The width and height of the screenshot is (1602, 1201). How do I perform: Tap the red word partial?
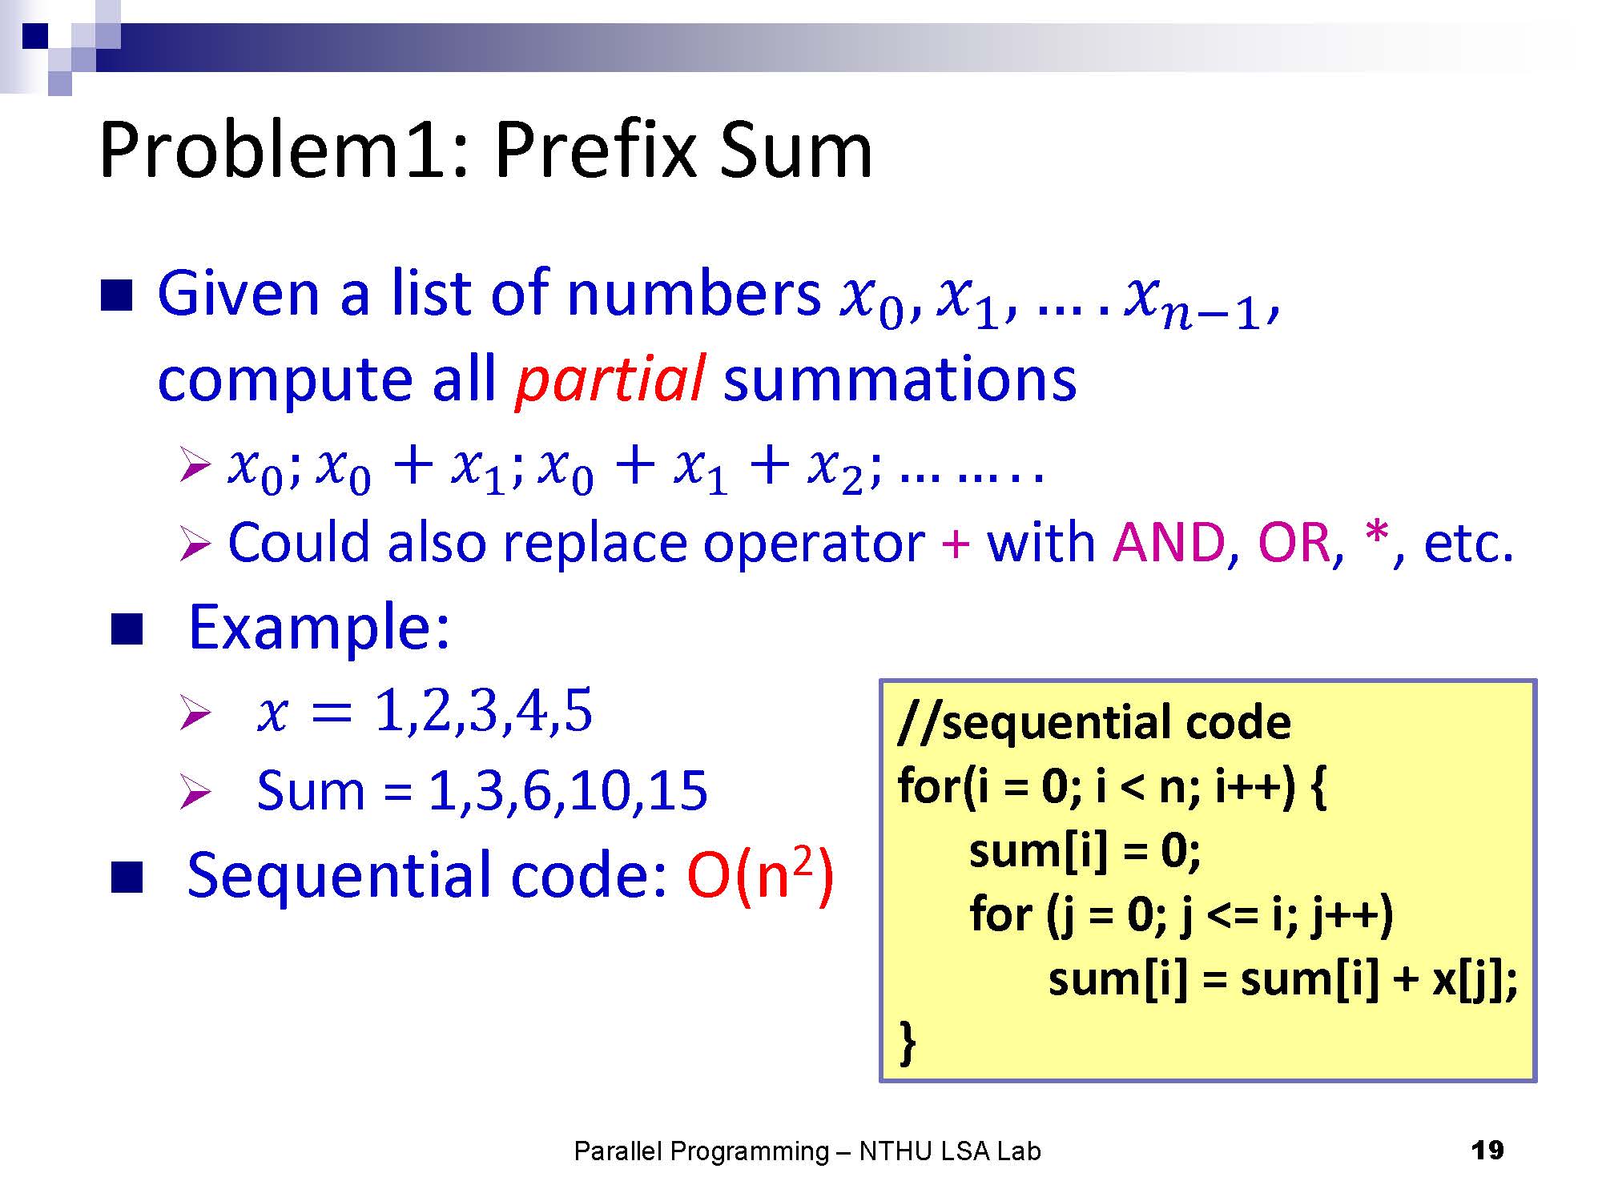(x=610, y=380)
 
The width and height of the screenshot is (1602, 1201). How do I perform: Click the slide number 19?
(x=1487, y=1151)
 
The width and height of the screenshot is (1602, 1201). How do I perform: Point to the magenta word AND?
(x=1169, y=542)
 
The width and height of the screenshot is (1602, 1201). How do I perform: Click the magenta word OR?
(x=1294, y=542)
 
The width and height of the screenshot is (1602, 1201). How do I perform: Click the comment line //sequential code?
(x=1094, y=722)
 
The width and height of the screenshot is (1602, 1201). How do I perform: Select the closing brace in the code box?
(x=908, y=1042)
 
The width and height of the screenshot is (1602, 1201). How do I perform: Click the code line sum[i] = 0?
(x=1085, y=850)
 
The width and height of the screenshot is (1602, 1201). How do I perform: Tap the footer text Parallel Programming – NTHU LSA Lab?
(x=807, y=1151)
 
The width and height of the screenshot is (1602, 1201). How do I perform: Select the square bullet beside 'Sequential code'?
(x=127, y=877)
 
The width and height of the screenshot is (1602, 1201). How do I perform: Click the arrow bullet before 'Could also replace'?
(x=195, y=544)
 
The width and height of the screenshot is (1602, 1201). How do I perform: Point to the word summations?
(x=900, y=380)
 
